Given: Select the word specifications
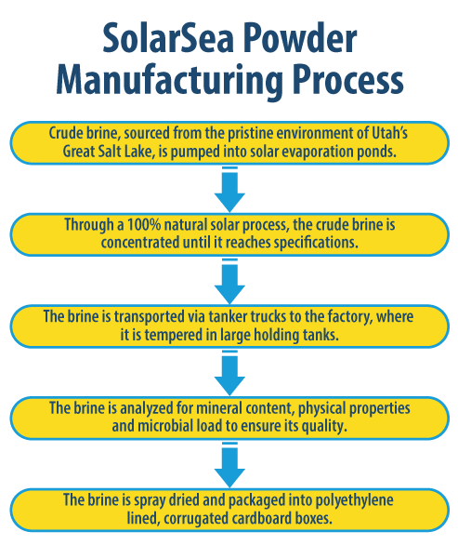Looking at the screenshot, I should (x=334, y=243).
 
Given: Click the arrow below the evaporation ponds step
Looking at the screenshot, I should (x=229, y=187).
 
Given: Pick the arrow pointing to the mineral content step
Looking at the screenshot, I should (x=229, y=371).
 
